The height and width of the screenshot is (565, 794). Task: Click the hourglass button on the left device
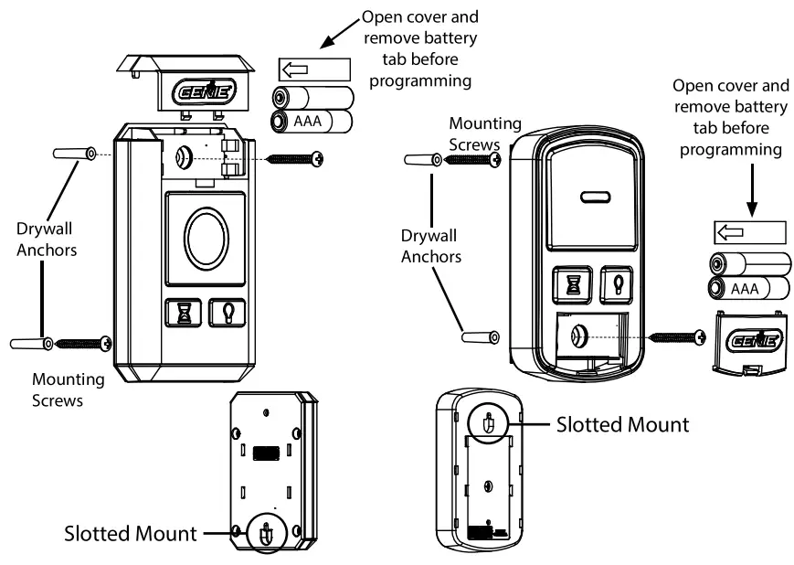(182, 314)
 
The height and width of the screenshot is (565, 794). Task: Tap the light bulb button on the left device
(226, 314)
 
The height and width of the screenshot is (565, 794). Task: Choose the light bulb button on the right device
(616, 283)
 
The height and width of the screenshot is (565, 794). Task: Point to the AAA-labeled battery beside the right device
(749, 290)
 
